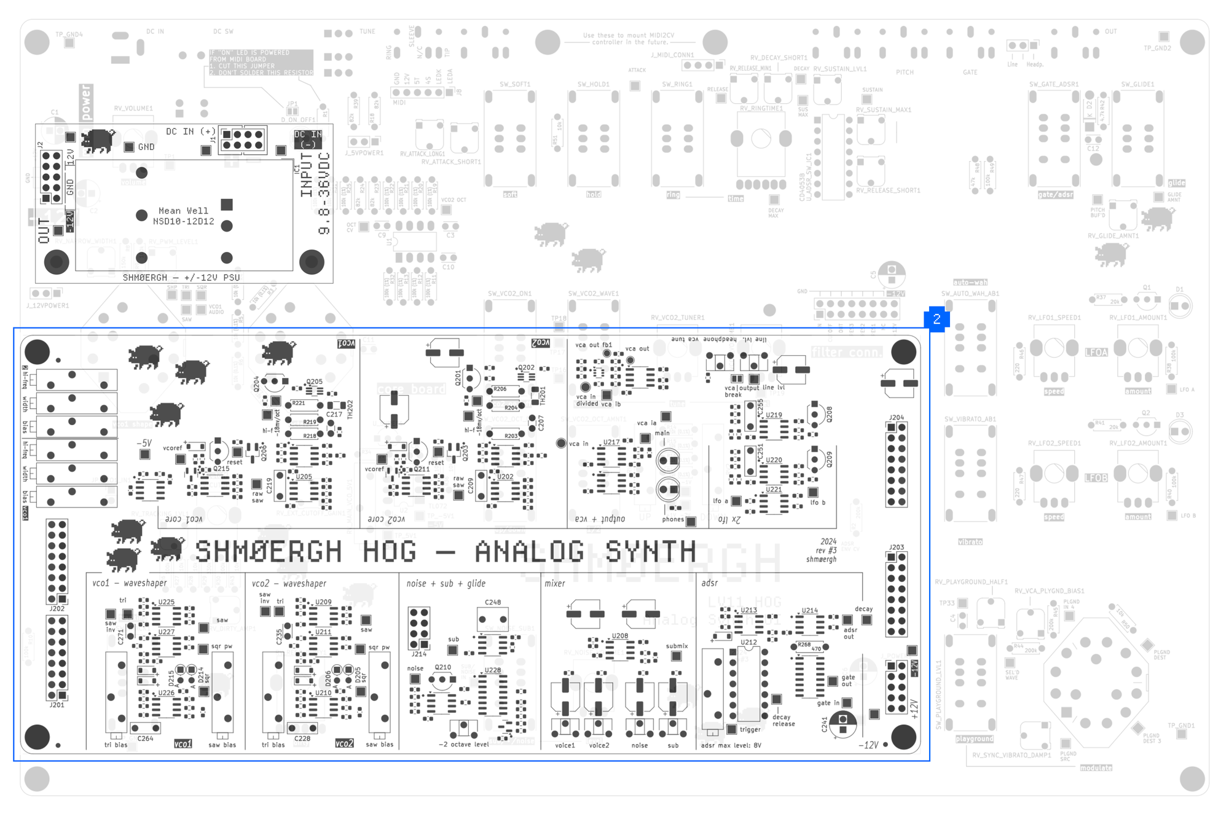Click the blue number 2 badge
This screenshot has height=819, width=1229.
click(936, 319)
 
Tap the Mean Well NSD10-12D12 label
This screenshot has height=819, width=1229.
click(183, 216)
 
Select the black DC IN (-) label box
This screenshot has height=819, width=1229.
click(308, 139)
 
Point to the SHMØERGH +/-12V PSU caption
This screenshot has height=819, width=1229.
click(181, 278)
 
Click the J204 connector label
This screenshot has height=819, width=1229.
click(896, 417)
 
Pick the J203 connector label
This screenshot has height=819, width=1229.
click(896, 547)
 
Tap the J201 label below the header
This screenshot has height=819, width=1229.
click(57, 705)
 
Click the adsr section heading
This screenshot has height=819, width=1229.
click(709, 583)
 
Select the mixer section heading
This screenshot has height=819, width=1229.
click(554, 584)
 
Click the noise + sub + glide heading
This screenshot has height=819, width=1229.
click(446, 584)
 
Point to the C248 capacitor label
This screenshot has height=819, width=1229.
click(493, 602)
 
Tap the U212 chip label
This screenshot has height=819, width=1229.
click(748, 642)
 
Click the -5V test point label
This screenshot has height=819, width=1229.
click(144, 443)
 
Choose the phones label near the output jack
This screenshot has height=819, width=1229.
click(673, 519)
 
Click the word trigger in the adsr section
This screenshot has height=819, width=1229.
click(750, 729)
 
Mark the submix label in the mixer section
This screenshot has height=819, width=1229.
click(677, 646)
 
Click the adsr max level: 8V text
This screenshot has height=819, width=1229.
click(731, 745)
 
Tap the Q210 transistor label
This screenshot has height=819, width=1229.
click(442, 667)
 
